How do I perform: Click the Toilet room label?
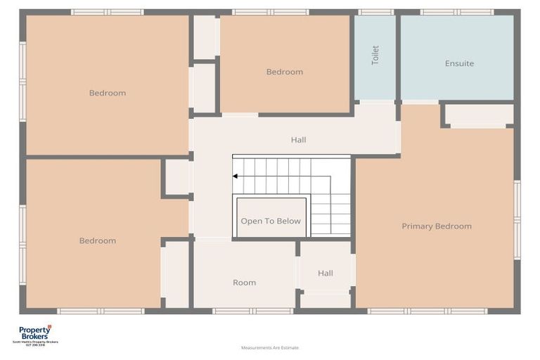(375, 56)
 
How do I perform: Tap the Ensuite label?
(459, 63)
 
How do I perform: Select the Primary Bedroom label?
(437, 226)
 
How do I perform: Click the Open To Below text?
(271, 221)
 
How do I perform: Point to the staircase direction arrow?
(236, 176)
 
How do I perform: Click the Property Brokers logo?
(35, 334)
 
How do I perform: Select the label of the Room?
(244, 283)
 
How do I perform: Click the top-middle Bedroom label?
(284, 72)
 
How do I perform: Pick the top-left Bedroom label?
(108, 93)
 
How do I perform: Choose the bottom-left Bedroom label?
(97, 240)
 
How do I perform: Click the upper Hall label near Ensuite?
(298, 140)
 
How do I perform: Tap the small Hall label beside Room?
(325, 273)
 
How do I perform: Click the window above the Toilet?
(375, 12)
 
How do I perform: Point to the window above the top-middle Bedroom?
(270, 12)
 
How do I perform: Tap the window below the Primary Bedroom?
(427, 311)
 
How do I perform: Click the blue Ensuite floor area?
(457, 81)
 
